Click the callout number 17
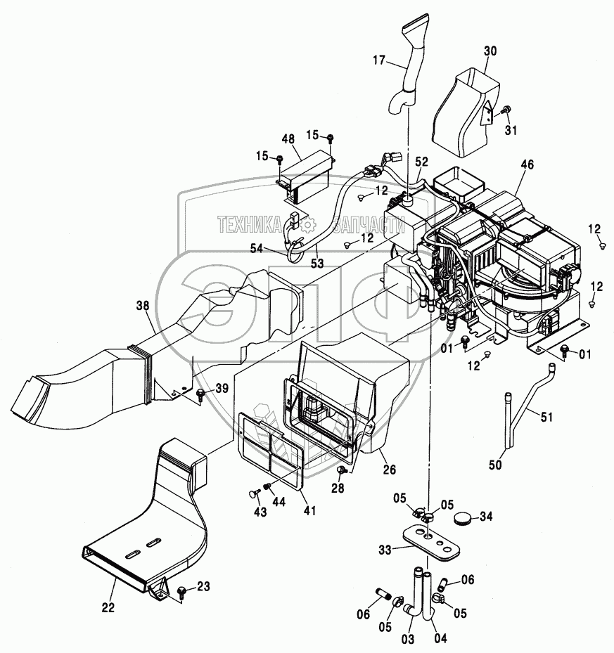tap(379, 60)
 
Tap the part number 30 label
tap(490, 51)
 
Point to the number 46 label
tap(527, 164)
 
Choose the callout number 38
tap(142, 306)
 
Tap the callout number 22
tap(108, 607)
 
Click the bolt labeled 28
tap(342, 470)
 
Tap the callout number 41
tap(309, 510)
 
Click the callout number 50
tap(495, 465)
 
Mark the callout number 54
tap(257, 249)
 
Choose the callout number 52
tap(421, 162)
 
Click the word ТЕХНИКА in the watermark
tap(249, 226)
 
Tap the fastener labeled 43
tap(252, 493)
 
